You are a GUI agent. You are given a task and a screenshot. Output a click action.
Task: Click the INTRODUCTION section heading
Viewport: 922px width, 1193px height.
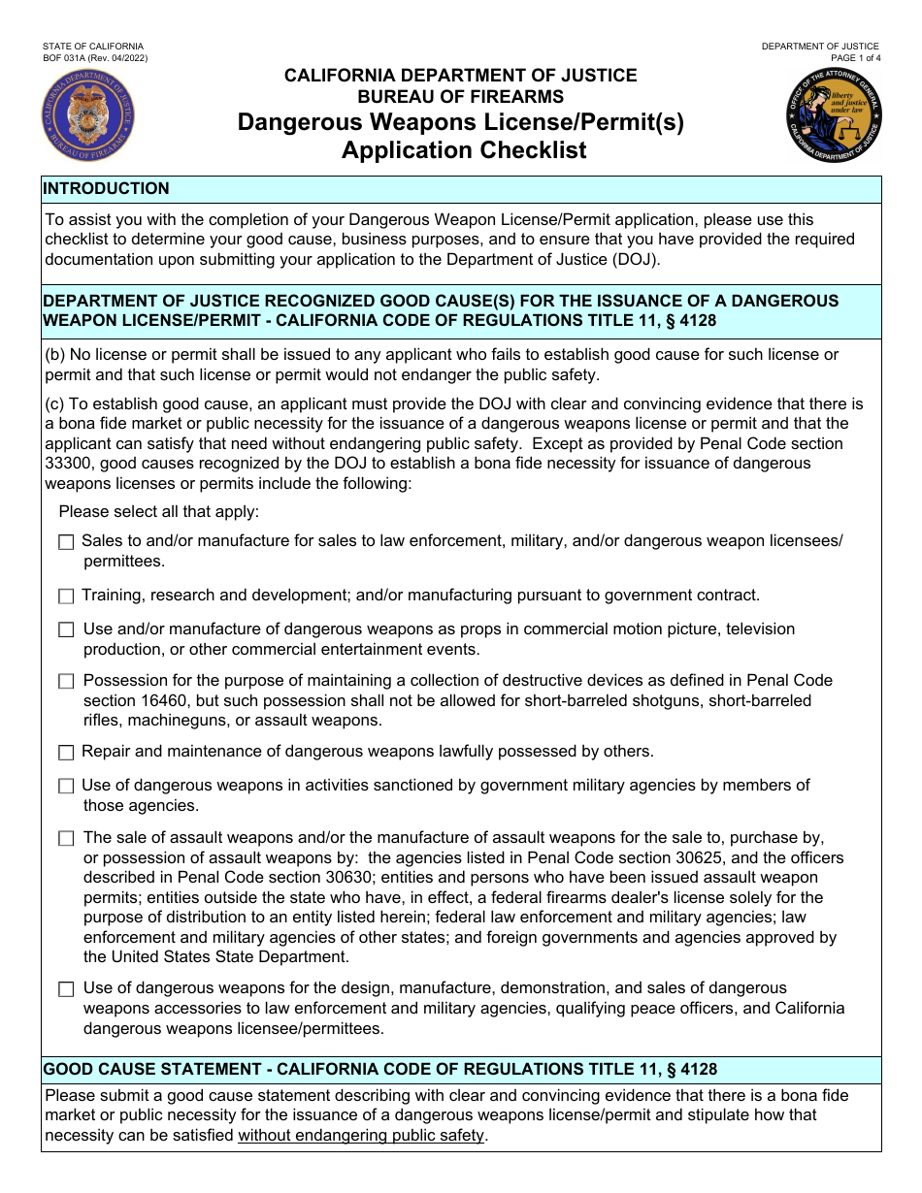point(107,189)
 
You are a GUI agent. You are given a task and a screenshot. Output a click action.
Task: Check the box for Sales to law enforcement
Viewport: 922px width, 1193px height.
point(66,543)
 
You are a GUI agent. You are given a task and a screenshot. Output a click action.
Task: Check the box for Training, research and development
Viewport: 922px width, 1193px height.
point(66,596)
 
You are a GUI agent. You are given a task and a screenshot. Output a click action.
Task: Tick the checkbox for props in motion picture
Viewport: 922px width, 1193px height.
point(66,630)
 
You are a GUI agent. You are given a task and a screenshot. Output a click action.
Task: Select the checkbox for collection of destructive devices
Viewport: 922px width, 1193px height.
point(66,682)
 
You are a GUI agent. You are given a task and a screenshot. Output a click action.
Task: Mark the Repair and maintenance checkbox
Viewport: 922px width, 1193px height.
point(66,753)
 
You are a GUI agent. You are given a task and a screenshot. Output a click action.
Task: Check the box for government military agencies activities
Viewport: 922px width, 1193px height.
point(66,787)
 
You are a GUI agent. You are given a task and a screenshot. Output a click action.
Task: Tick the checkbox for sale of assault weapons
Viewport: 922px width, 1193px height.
point(66,838)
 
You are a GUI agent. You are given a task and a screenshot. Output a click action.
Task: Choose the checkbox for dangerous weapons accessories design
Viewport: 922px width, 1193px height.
point(66,989)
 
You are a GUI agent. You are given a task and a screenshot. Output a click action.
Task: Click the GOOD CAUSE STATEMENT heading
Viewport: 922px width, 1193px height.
point(380,1070)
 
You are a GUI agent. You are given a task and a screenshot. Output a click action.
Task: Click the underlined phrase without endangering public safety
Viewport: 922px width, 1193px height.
point(360,1135)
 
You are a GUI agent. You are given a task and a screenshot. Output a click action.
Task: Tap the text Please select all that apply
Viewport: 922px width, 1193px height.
point(159,511)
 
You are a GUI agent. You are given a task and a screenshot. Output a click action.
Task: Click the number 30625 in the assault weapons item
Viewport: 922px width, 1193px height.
point(654,857)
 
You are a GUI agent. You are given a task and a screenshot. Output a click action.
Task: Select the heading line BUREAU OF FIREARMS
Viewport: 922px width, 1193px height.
point(460,96)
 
